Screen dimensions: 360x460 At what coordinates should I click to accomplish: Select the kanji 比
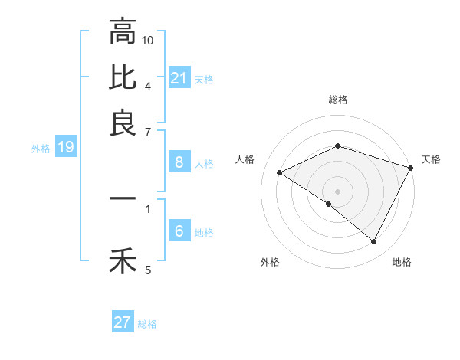pos(123,77)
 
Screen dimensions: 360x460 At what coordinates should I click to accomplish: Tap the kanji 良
pos(123,123)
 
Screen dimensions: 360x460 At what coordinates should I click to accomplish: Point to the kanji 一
pos(123,198)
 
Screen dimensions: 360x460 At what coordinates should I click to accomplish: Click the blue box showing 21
pos(179,78)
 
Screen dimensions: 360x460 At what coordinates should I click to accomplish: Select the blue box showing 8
pos(179,162)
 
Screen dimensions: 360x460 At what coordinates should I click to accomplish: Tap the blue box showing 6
pos(179,231)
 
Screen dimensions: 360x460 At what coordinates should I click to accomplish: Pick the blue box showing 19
pos(65,148)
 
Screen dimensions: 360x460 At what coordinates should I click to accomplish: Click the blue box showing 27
pos(123,322)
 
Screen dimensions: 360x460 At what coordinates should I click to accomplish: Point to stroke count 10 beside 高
pos(148,39)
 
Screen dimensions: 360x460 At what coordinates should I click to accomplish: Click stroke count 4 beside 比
pos(148,85)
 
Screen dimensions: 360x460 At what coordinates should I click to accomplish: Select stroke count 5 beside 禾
pos(148,270)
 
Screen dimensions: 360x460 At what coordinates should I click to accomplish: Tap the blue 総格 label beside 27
pos(147,324)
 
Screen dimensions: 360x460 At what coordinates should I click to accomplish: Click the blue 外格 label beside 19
pos(41,149)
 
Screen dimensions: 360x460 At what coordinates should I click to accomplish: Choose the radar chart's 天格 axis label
pos(432,159)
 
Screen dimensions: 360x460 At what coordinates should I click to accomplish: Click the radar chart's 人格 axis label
pos(245,159)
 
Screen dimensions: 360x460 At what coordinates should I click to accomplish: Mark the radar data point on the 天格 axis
pos(412,168)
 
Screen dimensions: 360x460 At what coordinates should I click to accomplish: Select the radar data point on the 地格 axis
pos(374,242)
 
